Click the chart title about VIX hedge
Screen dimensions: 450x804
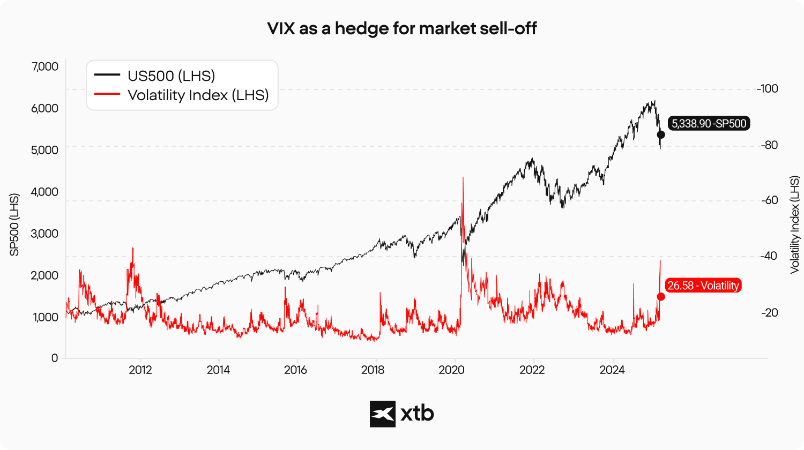coord(401,28)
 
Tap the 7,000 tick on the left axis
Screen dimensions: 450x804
coord(45,67)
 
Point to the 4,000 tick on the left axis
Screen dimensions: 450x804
coord(45,192)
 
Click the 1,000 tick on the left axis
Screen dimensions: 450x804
coord(45,317)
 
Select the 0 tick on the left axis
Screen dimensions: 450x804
coord(55,358)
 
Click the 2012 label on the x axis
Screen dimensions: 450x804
coord(140,371)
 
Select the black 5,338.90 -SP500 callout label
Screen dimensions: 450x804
coord(709,123)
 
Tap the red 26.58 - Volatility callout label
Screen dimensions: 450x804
coord(703,286)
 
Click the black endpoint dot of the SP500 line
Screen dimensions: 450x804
coord(661,135)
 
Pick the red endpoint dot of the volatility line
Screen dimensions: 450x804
coord(661,297)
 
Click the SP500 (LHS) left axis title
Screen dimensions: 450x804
coord(14,225)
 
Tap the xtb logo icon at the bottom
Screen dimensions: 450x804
coord(383,414)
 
